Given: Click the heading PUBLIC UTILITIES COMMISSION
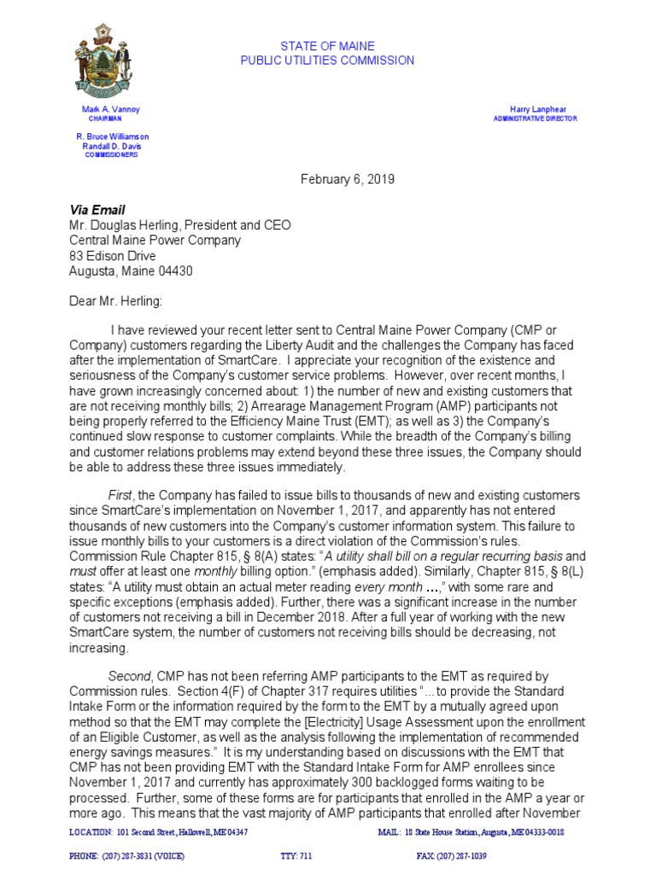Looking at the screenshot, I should pyautogui.click(x=327, y=61).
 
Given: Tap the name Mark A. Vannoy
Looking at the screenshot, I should pyautogui.click(x=110, y=110).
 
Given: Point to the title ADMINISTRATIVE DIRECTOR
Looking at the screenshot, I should pyautogui.click(x=536, y=119).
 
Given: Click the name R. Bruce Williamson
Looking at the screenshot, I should pyautogui.click(x=113, y=137).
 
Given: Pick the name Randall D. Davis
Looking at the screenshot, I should pyautogui.click(x=110, y=146).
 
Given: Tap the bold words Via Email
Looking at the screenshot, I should pyautogui.click(x=97, y=210).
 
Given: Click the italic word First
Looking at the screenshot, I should pyautogui.click(x=120, y=496).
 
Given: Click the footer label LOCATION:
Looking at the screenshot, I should pyautogui.click(x=90, y=832).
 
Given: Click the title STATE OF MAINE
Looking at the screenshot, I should pyautogui.click(x=327, y=45).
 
